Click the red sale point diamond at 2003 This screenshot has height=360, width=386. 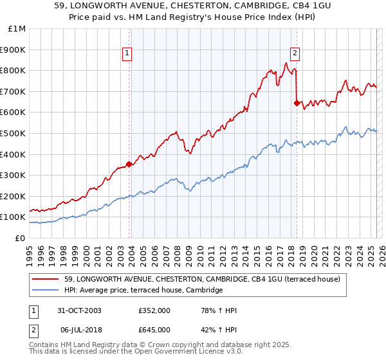point(129,164)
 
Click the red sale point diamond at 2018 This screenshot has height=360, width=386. point(297,102)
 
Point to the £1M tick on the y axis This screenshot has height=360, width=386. point(17,29)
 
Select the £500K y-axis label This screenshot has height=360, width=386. point(14,133)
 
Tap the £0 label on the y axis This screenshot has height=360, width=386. point(21,238)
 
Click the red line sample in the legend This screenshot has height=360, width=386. point(46,279)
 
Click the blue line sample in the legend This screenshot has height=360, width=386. point(46,291)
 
